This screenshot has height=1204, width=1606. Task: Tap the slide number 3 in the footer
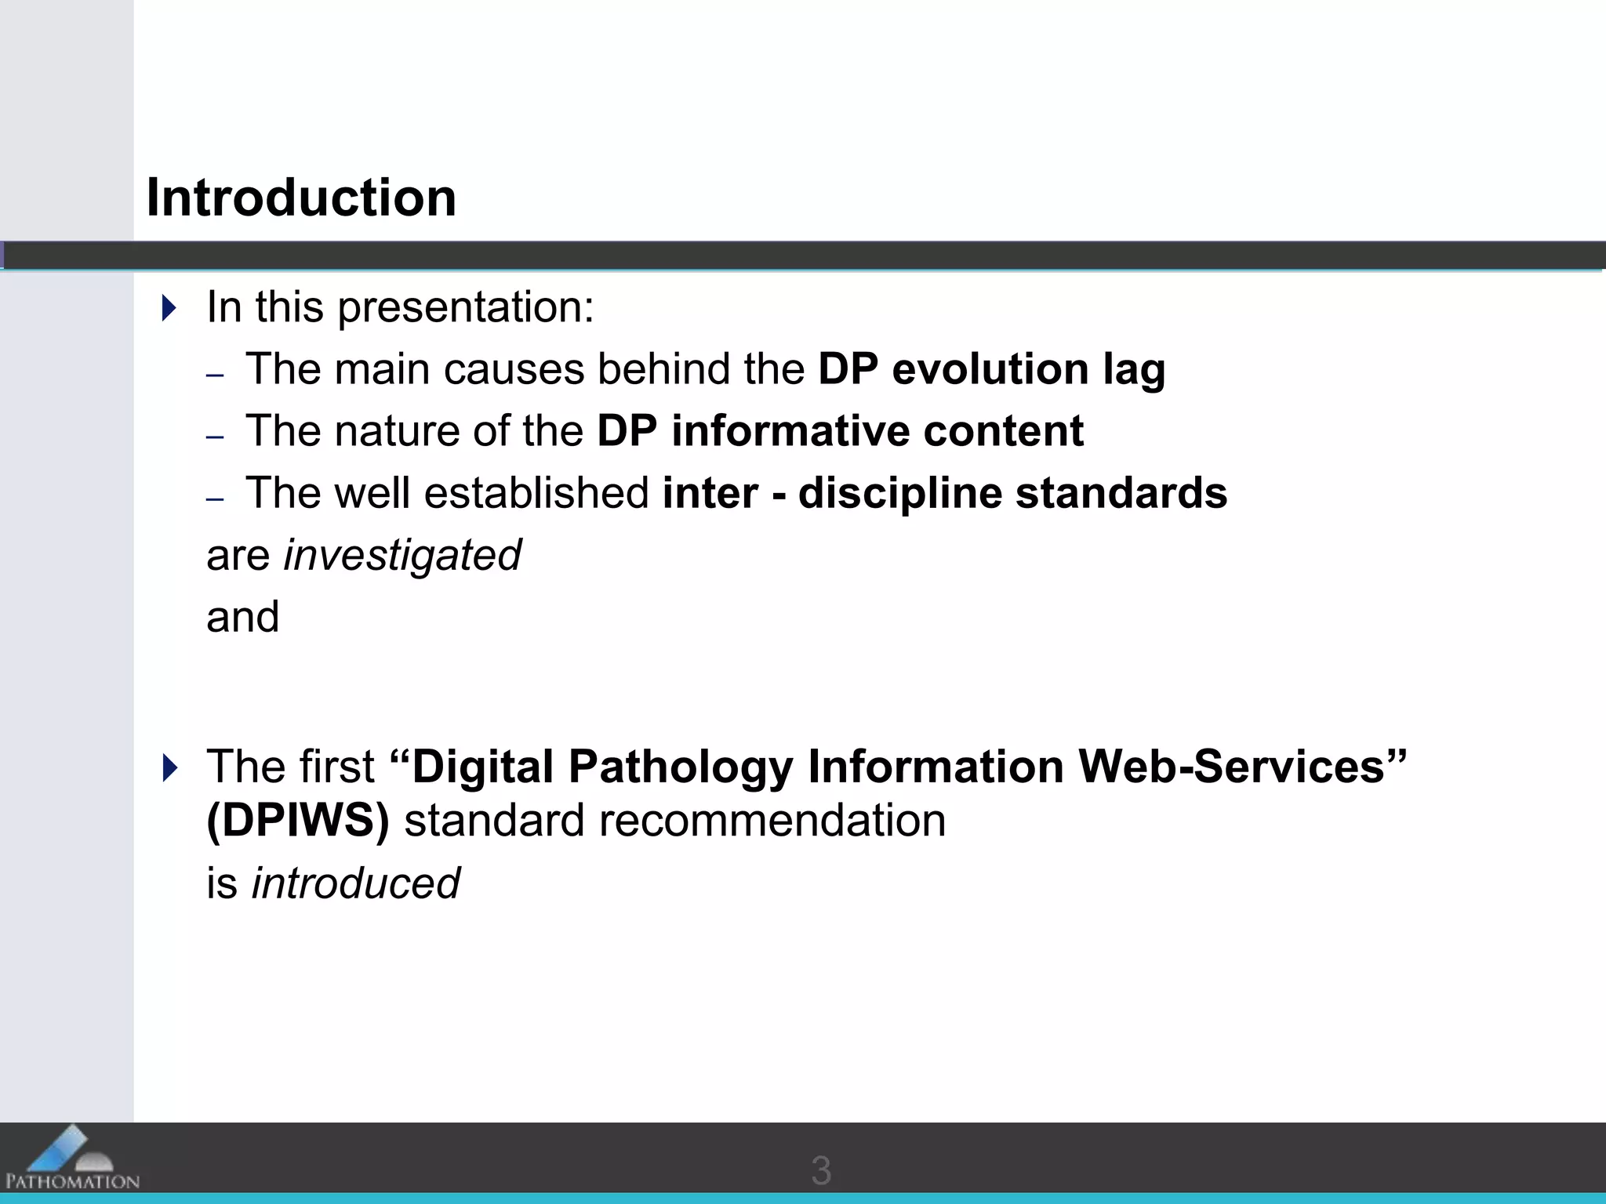[x=821, y=1170]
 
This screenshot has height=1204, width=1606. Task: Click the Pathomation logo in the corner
[x=71, y=1159]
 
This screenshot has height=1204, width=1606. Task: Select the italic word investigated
[x=402, y=556]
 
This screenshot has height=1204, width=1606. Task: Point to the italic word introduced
[x=355, y=883]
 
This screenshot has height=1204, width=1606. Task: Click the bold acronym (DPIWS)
[x=298, y=821]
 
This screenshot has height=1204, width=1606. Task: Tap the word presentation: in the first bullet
[x=466, y=306]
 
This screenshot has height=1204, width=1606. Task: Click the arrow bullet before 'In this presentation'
[x=169, y=307]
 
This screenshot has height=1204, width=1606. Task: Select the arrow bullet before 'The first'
[x=169, y=767]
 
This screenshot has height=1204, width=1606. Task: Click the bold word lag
[x=1134, y=369]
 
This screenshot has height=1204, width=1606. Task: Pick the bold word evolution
[x=990, y=369]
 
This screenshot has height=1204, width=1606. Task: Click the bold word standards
[x=1121, y=493]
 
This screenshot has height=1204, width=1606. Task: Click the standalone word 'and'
[x=242, y=617]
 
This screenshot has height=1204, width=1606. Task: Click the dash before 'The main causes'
[x=215, y=375]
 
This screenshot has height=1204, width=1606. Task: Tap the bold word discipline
[x=900, y=493]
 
